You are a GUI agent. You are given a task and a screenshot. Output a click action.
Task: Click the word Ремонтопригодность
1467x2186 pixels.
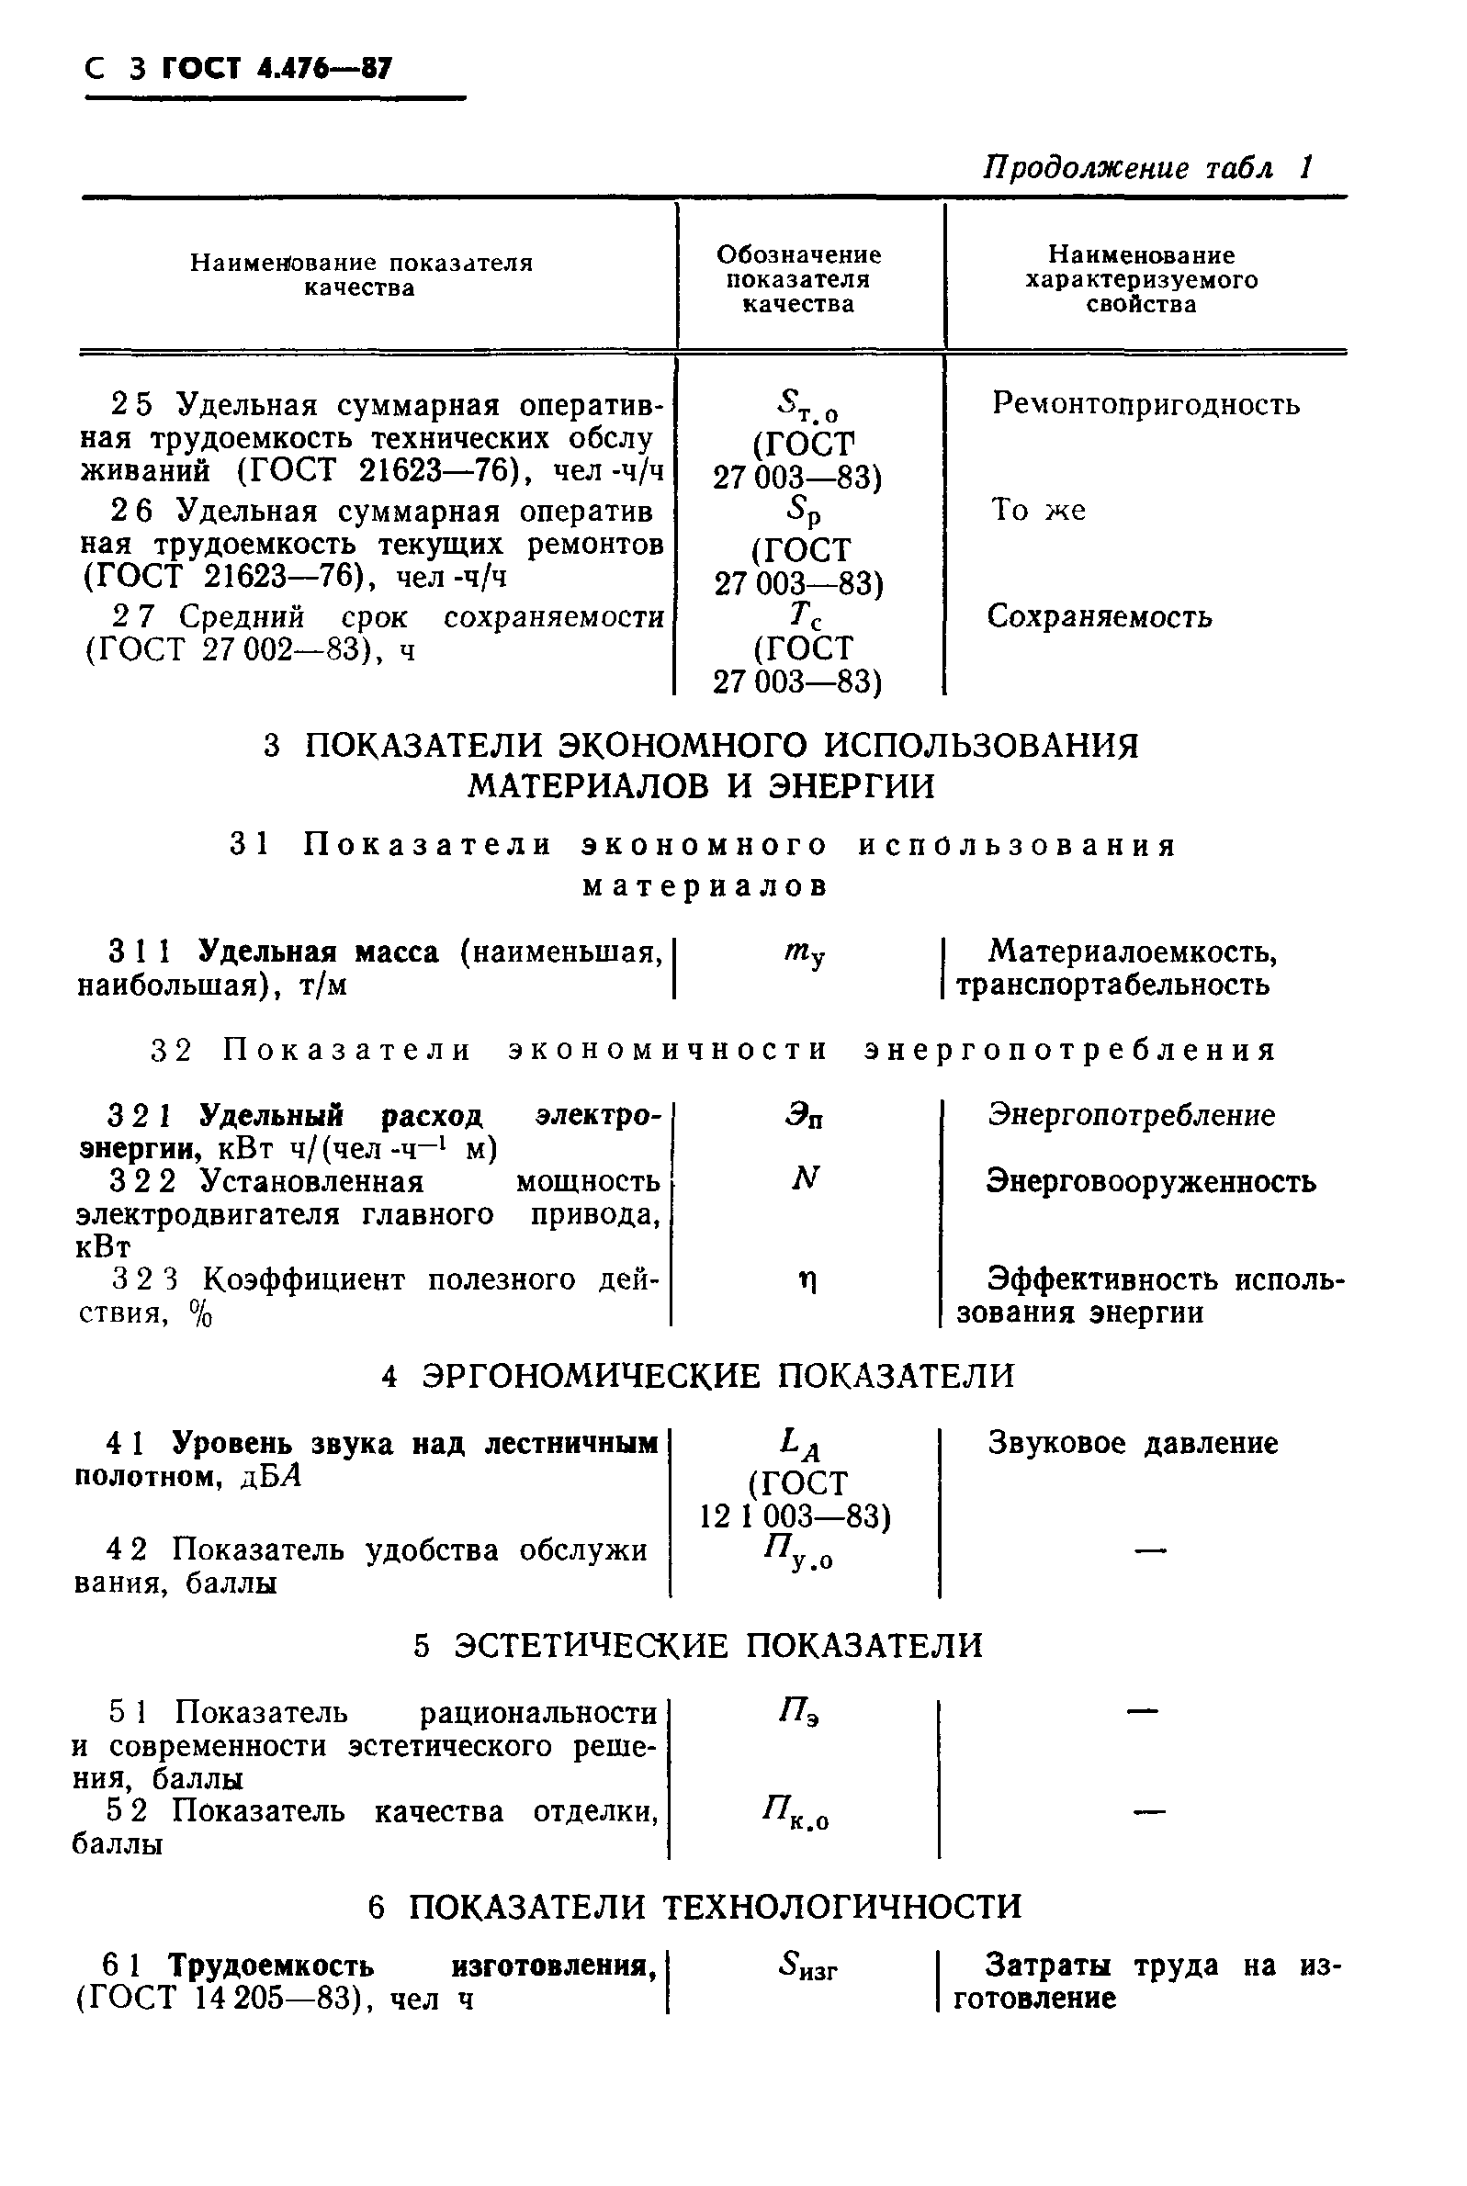pos(1145,404)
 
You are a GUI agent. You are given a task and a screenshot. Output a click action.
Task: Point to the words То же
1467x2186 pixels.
pos(1038,511)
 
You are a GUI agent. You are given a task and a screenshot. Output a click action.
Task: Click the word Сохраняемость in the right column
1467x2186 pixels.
pos(1100,616)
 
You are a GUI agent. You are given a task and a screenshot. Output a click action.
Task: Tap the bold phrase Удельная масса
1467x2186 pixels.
pos(319,952)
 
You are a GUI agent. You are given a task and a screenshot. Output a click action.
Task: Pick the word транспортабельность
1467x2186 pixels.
pos(1112,985)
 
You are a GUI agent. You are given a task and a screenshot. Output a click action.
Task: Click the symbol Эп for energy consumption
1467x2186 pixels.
pos(805,1117)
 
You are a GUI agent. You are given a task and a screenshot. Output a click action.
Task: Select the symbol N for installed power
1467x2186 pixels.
pos(804,1179)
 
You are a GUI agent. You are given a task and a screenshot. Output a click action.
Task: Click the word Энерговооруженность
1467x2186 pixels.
pos(1151,1182)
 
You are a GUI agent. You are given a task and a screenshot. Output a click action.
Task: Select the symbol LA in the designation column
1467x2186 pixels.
pos(800,1445)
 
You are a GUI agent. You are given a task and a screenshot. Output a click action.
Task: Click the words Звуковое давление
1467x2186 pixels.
pos(1132,1443)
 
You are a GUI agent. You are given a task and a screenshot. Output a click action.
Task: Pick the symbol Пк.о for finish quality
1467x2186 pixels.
pos(796,1814)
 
